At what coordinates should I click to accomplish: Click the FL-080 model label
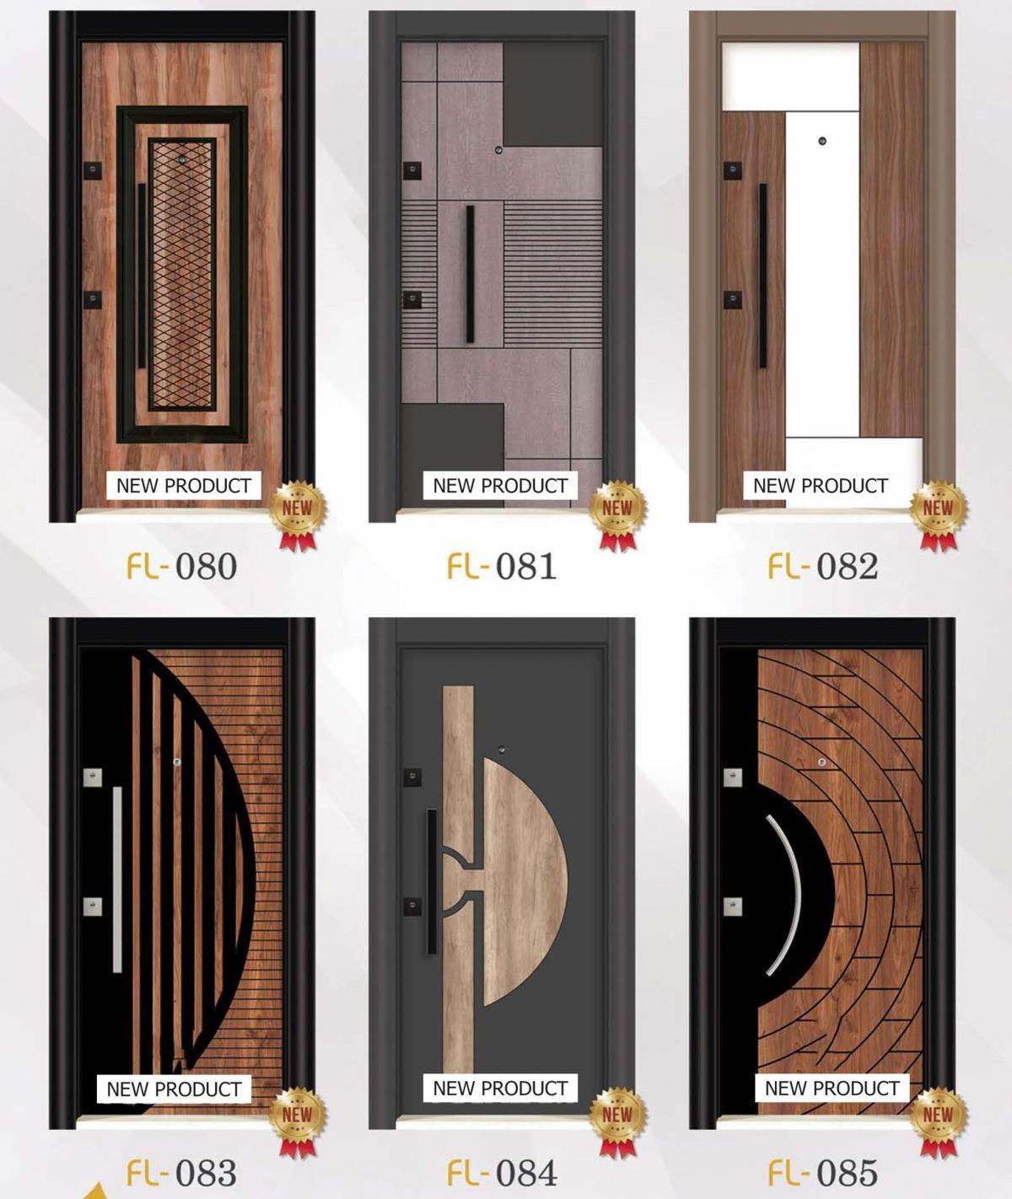181,567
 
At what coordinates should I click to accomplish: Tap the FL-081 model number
502,567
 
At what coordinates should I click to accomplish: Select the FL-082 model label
822,567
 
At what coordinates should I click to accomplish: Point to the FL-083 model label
181,1173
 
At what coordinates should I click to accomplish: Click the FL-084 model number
502,1173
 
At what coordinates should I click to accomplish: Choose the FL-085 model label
822,1173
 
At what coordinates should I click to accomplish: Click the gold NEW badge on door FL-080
298,514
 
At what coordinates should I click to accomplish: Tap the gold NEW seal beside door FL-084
618,1121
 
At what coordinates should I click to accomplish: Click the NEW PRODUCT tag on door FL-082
821,486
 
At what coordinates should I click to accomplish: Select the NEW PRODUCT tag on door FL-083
174,1089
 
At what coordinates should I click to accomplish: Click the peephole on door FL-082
822,141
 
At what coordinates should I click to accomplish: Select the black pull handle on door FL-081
470,275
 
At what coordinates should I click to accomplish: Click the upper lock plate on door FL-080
93,170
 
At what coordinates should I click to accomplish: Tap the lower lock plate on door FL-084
412,906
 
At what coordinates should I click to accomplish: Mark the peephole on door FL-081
498,150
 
